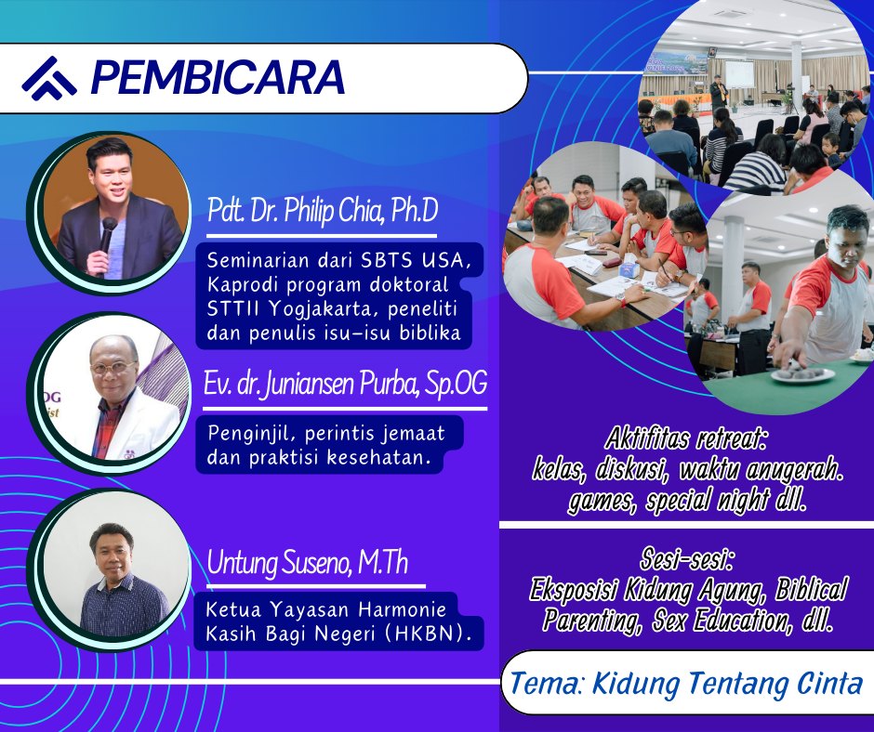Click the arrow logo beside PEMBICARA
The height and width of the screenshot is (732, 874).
coord(49,78)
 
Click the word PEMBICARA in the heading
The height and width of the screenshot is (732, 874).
coord(218,77)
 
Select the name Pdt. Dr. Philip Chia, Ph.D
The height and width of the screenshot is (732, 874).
coord(323,211)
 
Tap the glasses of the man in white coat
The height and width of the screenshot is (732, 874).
coord(113,368)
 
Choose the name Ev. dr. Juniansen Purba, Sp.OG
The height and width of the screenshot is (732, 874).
coord(345,384)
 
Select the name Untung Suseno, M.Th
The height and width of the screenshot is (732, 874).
coord(307,563)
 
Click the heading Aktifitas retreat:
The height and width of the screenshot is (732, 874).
coord(685,439)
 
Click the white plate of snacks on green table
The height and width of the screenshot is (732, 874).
coord(802,373)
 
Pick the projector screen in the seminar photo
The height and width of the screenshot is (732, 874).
coord(738,73)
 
